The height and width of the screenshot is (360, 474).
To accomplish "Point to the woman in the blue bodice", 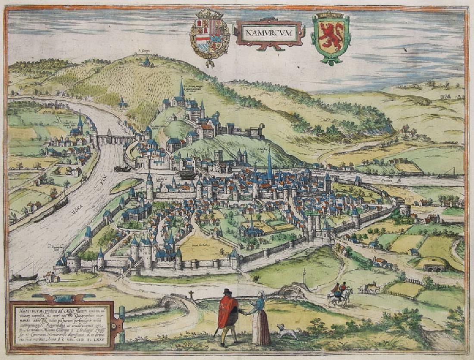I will point(260,317).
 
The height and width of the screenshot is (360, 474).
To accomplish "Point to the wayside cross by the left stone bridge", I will point(191,294).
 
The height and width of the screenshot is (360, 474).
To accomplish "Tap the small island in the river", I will point(125,185).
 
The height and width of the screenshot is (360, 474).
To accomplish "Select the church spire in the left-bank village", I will point(80,122).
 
